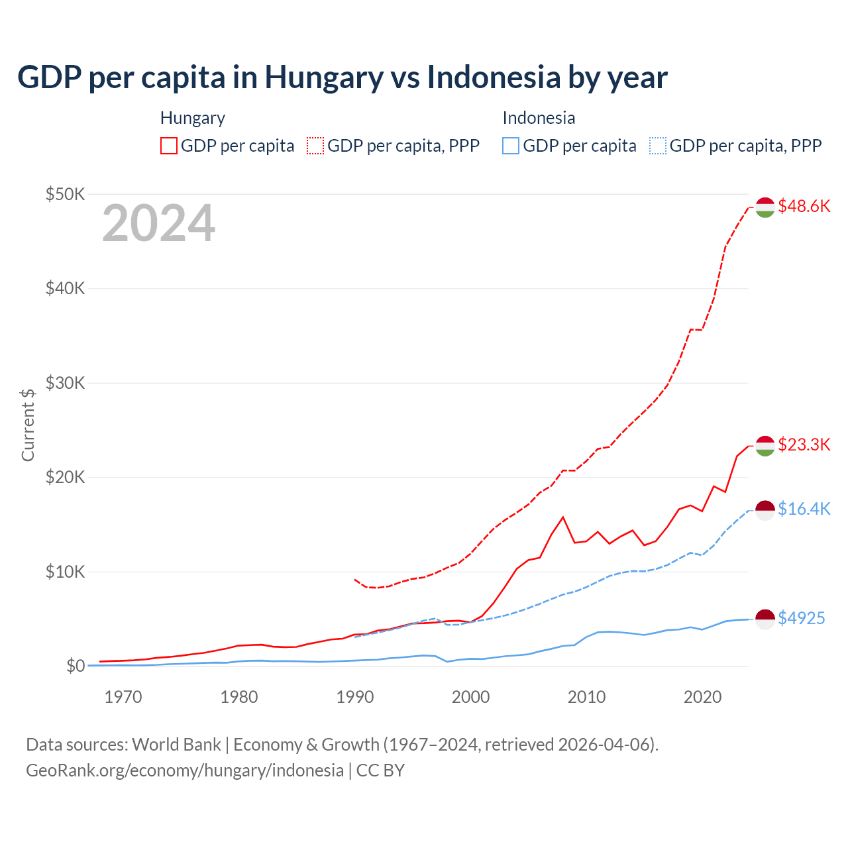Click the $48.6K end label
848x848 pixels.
click(804, 206)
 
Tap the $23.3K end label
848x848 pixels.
click(804, 445)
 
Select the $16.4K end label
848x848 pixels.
click(804, 509)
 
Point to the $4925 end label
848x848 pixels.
click(801, 618)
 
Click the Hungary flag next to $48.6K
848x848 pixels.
click(765, 207)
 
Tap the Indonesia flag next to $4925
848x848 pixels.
click(765, 619)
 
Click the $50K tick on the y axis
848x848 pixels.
click(65, 194)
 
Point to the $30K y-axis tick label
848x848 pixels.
click(65, 383)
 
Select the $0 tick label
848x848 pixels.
click(76, 666)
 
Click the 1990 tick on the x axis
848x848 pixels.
click(355, 697)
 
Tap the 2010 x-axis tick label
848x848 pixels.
click(586, 697)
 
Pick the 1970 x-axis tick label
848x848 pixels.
click(123, 697)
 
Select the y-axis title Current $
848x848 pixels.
click(28, 425)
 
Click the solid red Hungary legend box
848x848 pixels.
click(169, 146)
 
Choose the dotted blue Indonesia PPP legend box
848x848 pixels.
click(658, 146)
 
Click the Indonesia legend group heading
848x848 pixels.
click(539, 118)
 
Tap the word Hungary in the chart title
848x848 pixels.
click(324, 77)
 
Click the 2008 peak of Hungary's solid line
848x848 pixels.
click(563, 517)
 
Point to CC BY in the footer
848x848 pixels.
click(380, 770)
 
